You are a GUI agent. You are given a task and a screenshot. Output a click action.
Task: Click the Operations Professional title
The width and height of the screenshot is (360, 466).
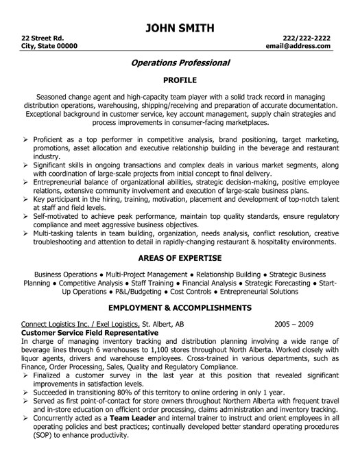[180, 62]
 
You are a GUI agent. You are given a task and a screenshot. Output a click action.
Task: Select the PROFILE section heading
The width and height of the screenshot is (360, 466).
[180, 80]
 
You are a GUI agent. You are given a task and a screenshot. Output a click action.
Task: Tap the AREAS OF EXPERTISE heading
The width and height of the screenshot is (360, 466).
[180, 258]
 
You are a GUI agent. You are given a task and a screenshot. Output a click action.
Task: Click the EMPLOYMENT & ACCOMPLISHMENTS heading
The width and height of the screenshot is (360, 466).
[180, 307]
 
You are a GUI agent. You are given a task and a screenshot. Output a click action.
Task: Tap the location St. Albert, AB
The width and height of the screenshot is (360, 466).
[164, 323]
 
